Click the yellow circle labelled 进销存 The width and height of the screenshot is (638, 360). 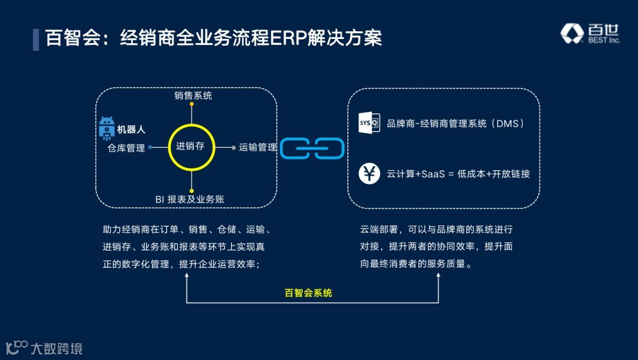pos(191,147)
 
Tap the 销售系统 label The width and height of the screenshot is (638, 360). pos(193,95)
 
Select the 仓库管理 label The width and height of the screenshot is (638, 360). pos(126,148)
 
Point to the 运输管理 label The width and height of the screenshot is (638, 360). pos(258,147)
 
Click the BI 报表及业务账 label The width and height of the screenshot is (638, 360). pos(190,199)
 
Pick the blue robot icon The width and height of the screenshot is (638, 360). pos(106,128)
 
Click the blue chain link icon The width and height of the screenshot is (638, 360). pos(312,148)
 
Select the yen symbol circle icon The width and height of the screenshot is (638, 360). pos(369,174)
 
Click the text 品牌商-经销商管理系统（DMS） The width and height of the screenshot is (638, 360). pos(455,124)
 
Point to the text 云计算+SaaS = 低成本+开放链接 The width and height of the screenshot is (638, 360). pos(458,174)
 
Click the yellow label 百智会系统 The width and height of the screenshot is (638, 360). pos(308,293)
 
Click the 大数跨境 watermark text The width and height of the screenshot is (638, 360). pos(56,348)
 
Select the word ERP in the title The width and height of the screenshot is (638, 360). pos(288,38)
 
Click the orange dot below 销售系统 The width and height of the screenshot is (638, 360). pos(192,105)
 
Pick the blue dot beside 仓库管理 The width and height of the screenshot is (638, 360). pos(150,147)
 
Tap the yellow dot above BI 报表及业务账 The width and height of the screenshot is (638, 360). pos(192,190)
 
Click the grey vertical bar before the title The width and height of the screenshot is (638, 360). pos(36,38)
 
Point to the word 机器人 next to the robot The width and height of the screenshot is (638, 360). pos(131,129)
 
